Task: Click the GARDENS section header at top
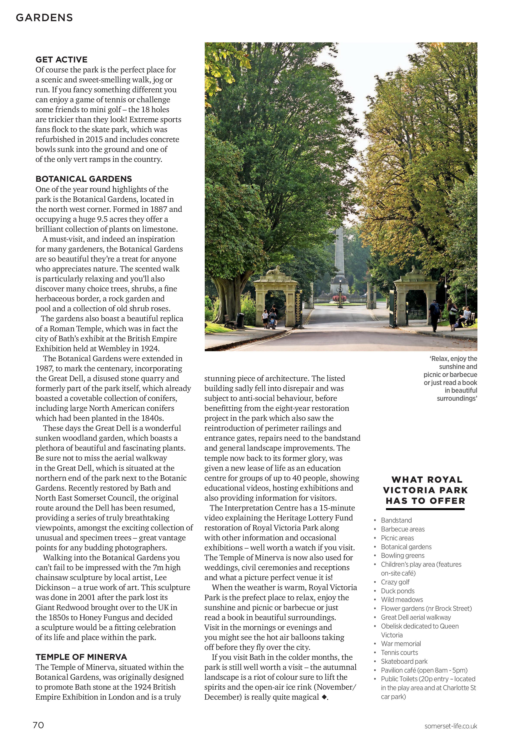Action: click(44, 18)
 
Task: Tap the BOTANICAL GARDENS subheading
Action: click(84, 179)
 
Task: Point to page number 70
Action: click(38, 725)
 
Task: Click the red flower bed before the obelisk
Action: click(339, 298)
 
